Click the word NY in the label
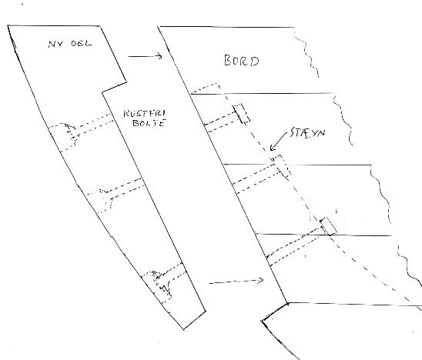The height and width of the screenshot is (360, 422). (x=55, y=44)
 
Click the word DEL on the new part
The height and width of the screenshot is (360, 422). (x=81, y=43)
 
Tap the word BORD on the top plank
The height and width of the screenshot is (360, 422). (x=241, y=61)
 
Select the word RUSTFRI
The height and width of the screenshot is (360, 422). (x=145, y=113)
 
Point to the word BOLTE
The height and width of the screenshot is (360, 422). (x=149, y=123)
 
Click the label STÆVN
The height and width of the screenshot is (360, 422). (x=307, y=133)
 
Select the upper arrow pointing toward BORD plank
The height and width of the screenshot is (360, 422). (x=145, y=56)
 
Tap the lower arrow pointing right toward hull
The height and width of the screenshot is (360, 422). (x=236, y=282)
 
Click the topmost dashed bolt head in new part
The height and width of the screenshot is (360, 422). (x=71, y=134)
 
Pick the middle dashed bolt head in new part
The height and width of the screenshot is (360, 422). (x=106, y=200)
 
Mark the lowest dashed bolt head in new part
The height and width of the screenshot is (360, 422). (x=162, y=284)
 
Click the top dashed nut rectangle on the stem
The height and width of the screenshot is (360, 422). (x=241, y=114)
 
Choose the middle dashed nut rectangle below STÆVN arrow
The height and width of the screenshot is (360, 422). (x=281, y=167)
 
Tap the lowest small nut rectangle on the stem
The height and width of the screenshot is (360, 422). (x=328, y=226)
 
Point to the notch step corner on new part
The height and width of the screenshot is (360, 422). (x=102, y=93)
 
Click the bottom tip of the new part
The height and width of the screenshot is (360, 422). (x=184, y=329)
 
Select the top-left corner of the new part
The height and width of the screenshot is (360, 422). (x=8, y=25)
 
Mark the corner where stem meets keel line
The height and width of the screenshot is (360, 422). (x=288, y=303)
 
